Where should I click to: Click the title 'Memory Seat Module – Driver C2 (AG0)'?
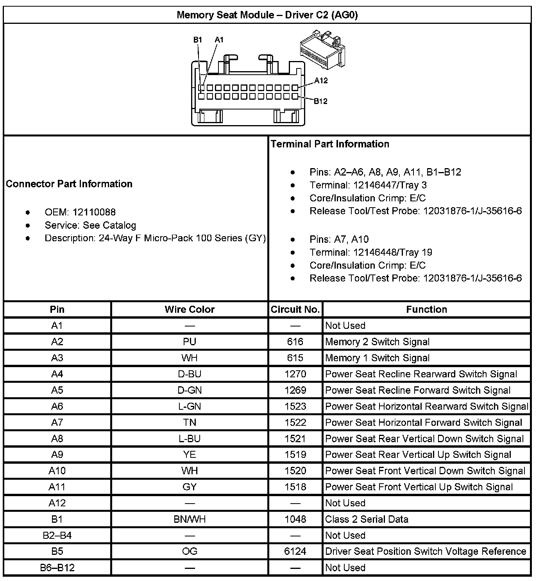pos(267,15)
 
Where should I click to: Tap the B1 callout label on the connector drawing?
pos(198,39)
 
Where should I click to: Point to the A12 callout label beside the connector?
pos(321,81)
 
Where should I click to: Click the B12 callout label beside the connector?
pos(321,101)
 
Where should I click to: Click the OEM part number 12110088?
pos(94,212)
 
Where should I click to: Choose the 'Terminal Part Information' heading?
pos(330,144)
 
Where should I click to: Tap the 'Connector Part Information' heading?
pos(69,184)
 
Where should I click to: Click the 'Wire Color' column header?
pos(190,309)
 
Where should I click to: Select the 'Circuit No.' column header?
pos(295,309)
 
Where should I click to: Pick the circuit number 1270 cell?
pos(295,374)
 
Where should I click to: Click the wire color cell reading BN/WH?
pos(190,519)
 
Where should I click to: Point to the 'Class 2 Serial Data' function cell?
pos(367,519)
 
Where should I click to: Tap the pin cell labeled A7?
pos(57,423)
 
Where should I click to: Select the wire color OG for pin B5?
pos(190,551)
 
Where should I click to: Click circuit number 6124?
pos(295,551)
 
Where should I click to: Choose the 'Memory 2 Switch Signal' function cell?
pos(377,342)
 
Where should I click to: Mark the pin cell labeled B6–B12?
pos(57,567)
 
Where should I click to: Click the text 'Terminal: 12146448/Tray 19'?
pos(371,252)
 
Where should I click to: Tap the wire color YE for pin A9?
pos(190,455)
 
